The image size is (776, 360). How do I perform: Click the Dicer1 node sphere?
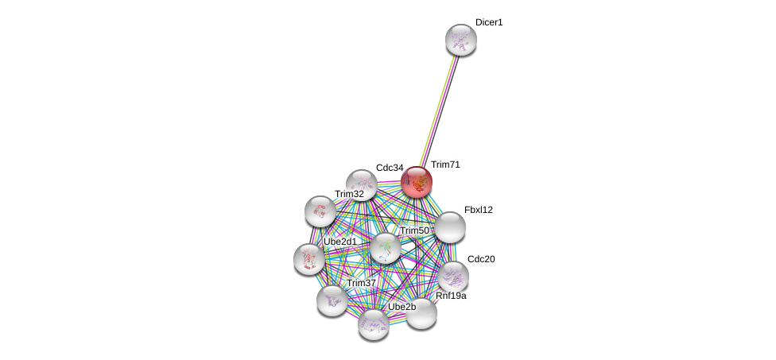point(461,40)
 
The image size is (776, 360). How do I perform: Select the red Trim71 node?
point(417,182)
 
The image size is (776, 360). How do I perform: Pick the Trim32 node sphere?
point(320,211)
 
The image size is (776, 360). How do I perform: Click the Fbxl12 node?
point(450,227)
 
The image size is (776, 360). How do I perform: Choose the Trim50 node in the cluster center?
point(386,248)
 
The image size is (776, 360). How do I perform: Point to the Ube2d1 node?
point(309,259)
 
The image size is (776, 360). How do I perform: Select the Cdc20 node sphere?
point(453,277)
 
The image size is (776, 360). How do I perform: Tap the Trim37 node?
point(332,300)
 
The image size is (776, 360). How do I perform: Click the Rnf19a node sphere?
point(421,314)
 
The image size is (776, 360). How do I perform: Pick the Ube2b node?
point(374,324)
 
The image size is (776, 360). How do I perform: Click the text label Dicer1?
point(489,23)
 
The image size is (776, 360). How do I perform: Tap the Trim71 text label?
point(445,165)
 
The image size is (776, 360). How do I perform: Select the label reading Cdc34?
point(390,168)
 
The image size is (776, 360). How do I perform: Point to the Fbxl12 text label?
point(479,210)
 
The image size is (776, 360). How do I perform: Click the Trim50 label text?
point(415,231)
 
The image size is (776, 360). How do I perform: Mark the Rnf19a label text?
point(451,296)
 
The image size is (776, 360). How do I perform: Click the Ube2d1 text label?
point(340,242)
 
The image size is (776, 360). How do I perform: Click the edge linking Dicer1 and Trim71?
point(439,111)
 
